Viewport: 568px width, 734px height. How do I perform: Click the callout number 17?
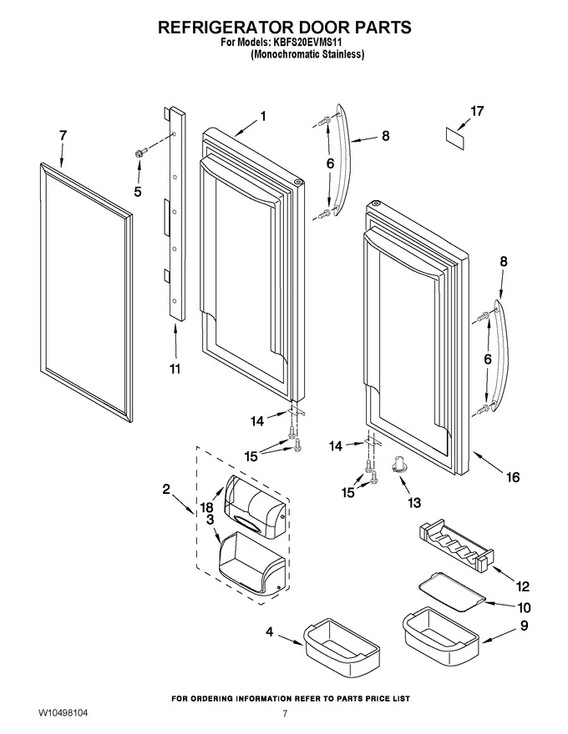pos(477,112)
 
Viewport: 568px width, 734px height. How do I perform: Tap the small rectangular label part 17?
pos(454,139)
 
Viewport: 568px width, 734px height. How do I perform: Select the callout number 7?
pos(63,135)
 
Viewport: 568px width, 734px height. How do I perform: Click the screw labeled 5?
pos(140,152)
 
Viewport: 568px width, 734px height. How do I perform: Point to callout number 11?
pos(175,370)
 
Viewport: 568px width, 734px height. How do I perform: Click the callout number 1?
pos(263,116)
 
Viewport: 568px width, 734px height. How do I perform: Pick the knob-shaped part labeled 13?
pos(398,465)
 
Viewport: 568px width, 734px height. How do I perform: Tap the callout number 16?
pos(513,477)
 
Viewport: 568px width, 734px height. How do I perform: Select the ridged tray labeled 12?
pos(454,545)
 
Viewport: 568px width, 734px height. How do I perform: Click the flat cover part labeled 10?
pos(451,594)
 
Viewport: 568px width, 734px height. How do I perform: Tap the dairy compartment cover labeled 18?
pos(255,505)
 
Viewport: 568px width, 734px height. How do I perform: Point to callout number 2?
pos(166,490)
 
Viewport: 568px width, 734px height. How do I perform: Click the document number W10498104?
pos(63,713)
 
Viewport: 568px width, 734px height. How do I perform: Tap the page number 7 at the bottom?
pos(285,713)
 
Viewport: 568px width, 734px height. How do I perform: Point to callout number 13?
pos(413,503)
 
